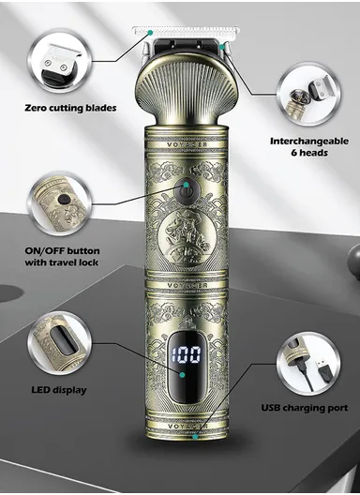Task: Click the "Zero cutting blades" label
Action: (71, 107)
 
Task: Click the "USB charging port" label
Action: (304, 408)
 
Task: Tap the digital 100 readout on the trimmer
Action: (190, 358)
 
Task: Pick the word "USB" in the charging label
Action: (272, 408)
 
